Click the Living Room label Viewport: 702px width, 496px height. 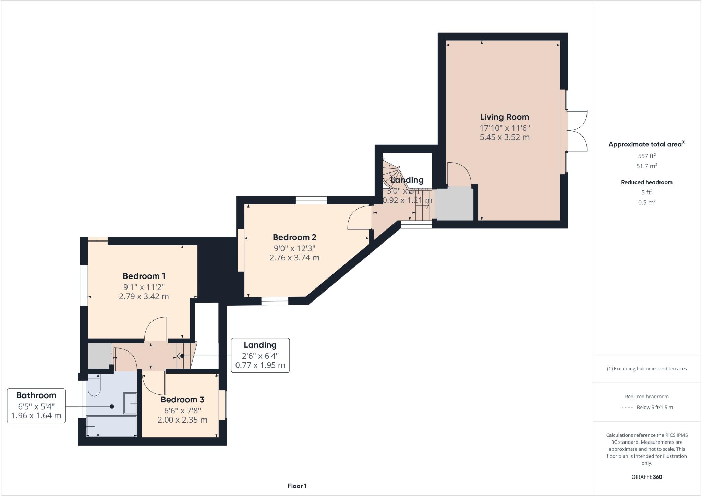pyautogui.click(x=504, y=117)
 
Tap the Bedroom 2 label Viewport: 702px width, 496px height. pyautogui.click(x=294, y=237)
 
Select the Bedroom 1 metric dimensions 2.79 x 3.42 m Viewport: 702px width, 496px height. pyautogui.click(x=144, y=296)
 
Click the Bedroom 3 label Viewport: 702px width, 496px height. pyautogui.click(x=182, y=400)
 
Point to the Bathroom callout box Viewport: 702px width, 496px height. pyautogui.click(x=36, y=406)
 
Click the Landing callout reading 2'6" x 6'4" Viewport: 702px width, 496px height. pyautogui.click(x=260, y=355)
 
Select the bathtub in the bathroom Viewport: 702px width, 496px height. pyautogui.click(x=111, y=426)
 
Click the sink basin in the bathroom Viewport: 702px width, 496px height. pyautogui.click(x=131, y=403)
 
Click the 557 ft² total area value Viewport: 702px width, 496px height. pyautogui.click(x=646, y=156)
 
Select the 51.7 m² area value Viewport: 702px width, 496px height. pyautogui.click(x=646, y=166)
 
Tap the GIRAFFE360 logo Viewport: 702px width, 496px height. pyautogui.click(x=646, y=477)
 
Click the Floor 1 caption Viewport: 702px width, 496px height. pyautogui.click(x=297, y=486)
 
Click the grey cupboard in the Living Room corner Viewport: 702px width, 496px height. pyautogui.click(x=454, y=204)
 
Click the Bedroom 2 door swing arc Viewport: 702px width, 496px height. pyautogui.click(x=358, y=218)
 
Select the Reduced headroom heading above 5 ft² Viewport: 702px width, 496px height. pyautogui.click(x=646, y=182)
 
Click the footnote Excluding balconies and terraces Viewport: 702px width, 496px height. pyautogui.click(x=646, y=369)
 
